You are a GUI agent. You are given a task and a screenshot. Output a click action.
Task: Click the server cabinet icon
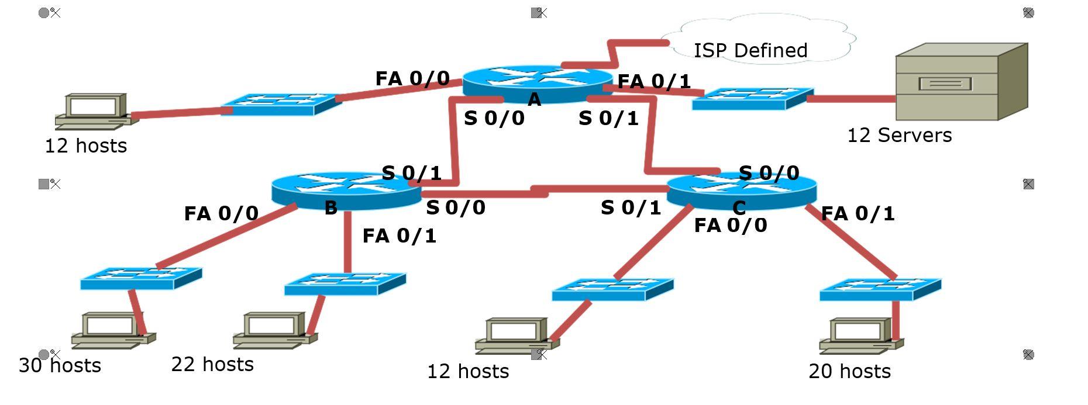point(961,82)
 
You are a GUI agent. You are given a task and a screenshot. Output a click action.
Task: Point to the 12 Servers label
point(899,136)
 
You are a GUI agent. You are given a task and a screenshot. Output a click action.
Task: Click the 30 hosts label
point(60,366)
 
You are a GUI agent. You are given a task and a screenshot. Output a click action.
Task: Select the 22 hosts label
point(212,365)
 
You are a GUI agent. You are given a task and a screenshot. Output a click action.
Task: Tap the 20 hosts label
point(849,372)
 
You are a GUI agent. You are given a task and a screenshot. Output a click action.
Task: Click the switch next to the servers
point(752,99)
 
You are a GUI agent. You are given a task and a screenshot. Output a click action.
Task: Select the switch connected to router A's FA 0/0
point(281,104)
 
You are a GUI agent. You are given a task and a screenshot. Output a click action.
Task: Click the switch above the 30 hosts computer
point(141,278)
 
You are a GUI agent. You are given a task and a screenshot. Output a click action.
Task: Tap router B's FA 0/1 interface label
point(399,236)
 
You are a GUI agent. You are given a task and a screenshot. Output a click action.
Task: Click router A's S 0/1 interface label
point(608,119)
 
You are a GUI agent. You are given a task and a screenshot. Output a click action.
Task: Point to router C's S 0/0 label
point(769,173)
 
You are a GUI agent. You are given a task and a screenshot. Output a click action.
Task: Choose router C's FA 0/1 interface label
point(858,214)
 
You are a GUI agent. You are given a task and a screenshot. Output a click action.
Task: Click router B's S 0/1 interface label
point(411,173)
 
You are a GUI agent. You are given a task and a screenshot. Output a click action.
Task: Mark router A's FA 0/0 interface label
point(412,78)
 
